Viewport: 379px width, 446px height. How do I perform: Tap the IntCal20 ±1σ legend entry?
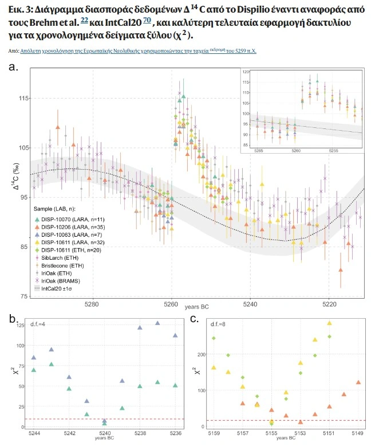click(x=60, y=289)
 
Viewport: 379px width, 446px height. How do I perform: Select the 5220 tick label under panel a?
click(x=329, y=302)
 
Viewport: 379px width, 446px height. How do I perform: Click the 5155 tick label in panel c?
click(x=271, y=433)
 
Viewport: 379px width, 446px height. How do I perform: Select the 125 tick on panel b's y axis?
click(x=22, y=326)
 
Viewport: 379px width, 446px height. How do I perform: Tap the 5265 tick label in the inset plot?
click(x=258, y=151)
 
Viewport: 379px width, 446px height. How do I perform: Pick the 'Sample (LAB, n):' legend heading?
click(x=53, y=210)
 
